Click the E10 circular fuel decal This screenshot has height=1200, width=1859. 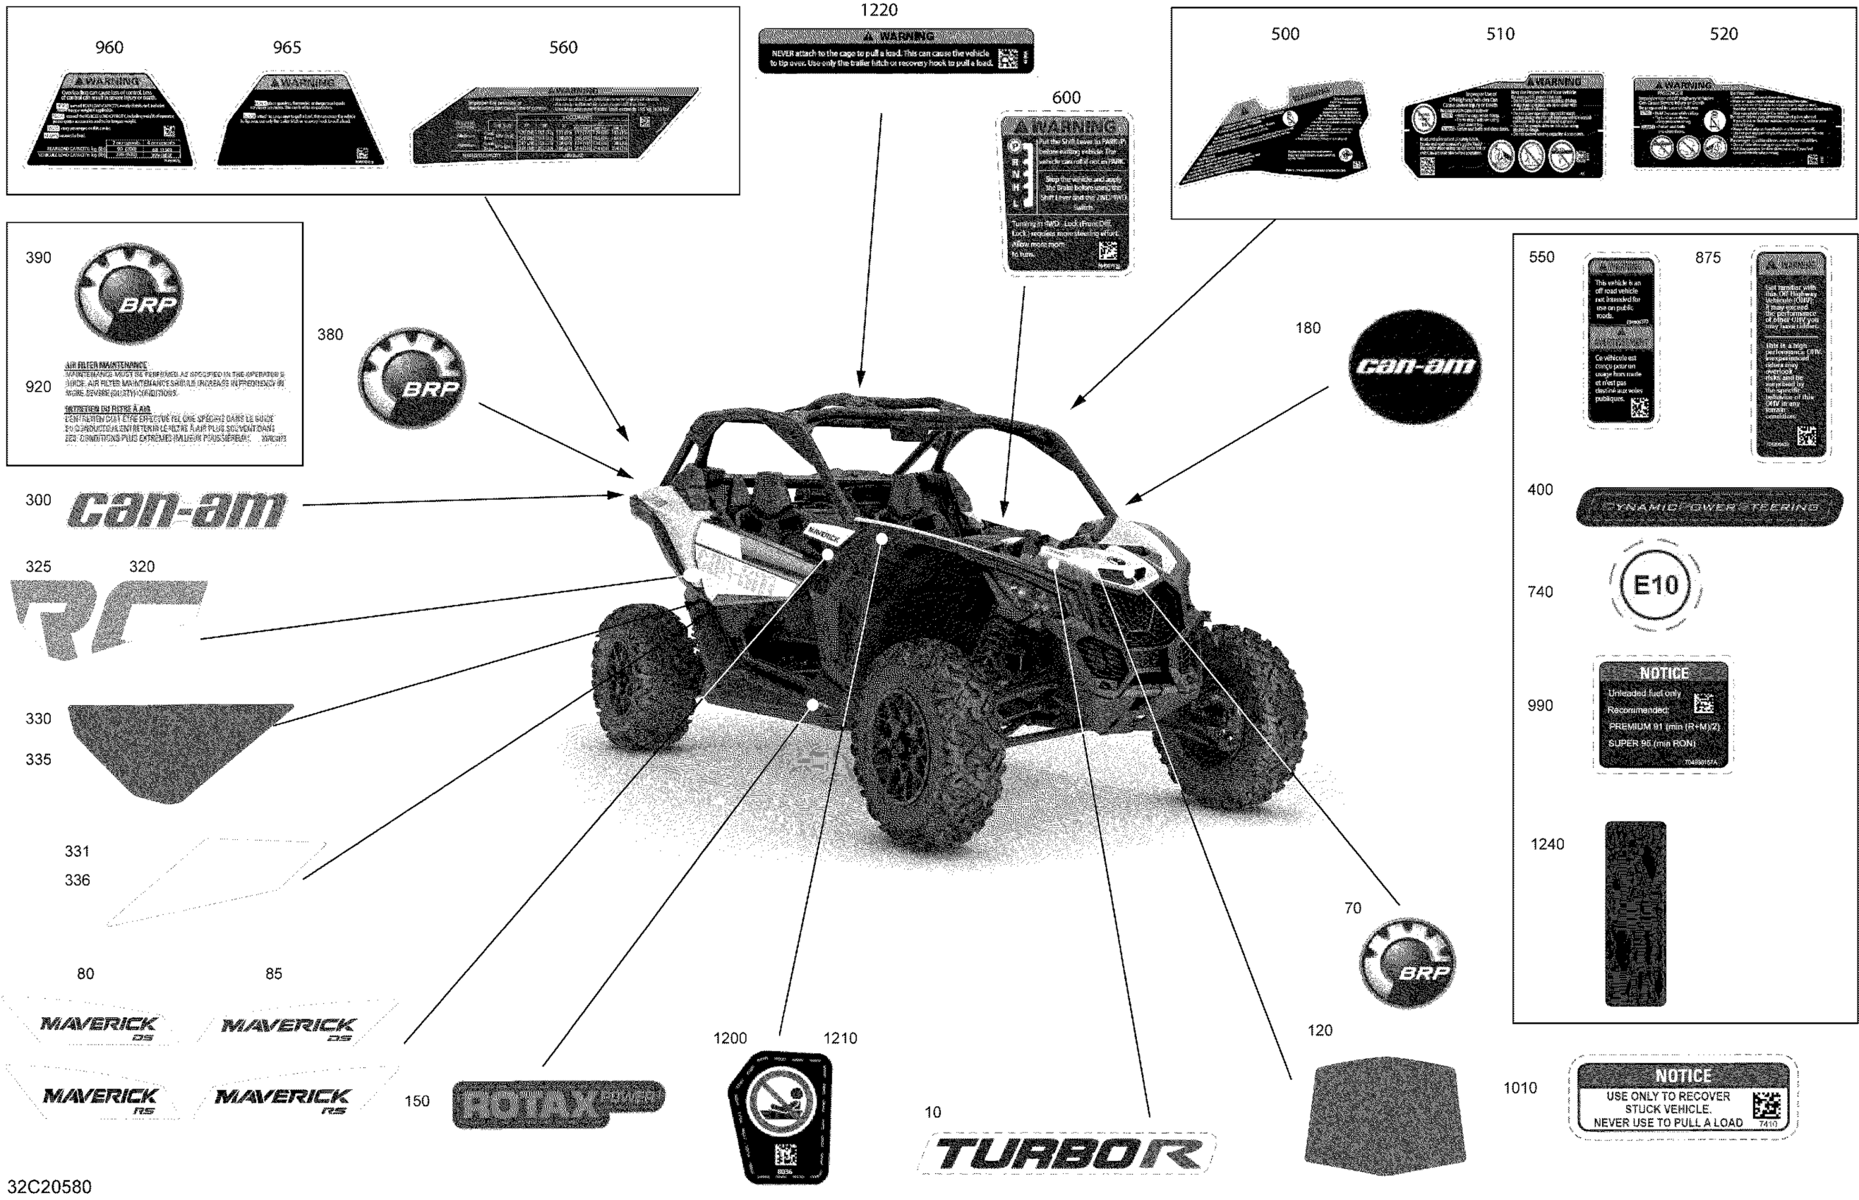(x=1654, y=586)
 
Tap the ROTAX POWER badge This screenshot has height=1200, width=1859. (x=557, y=1103)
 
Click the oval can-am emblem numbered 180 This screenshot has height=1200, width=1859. (x=1414, y=366)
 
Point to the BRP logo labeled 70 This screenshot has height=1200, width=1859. (x=1407, y=963)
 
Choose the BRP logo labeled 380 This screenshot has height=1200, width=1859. (x=411, y=378)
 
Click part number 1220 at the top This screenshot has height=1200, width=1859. (x=878, y=11)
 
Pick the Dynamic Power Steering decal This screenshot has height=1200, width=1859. (x=1709, y=507)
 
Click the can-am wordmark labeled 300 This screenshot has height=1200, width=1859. (x=177, y=510)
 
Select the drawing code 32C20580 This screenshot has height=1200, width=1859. (x=49, y=1187)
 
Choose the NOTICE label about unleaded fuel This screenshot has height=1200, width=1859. (x=1663, y=715)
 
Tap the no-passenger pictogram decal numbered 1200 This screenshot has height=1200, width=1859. (x=780, y=1116)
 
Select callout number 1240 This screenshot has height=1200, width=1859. (x=1546, y=844)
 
